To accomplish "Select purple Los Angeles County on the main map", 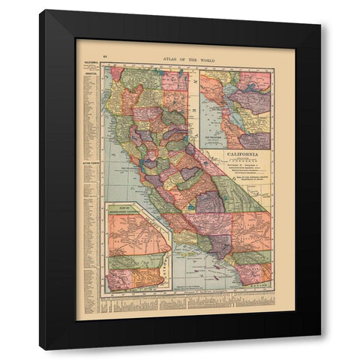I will click(x=220, y=246).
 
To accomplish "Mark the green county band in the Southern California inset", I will click(x=135, y=265).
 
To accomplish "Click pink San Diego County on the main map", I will click(x=247, y=268).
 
